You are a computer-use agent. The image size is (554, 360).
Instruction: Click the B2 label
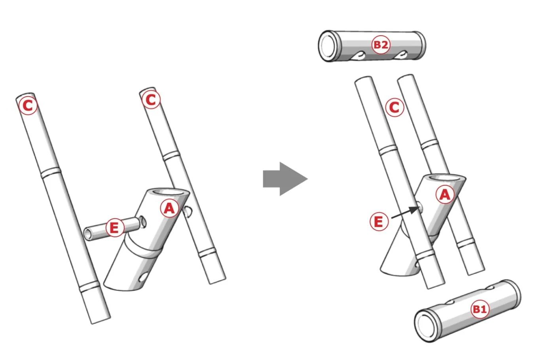click(x=381, y=45)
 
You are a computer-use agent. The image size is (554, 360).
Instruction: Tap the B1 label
click(x=480, y=309)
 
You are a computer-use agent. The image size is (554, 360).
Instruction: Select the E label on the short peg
click(x=115, y=228)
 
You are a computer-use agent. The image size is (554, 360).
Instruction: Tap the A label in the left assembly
click(x=169, y=208)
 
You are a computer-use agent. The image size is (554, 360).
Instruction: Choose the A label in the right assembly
click(x=445, y=194)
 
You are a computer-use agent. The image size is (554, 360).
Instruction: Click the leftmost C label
click(x=28, y=105)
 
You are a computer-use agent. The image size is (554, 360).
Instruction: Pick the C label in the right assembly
click(x=395, y=107)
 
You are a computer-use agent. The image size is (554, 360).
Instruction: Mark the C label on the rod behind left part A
click(x=151, y=99)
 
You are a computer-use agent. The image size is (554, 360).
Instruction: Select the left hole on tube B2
click(x=358, y=56)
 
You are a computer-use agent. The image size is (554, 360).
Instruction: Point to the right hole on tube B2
click(x=400, y=55)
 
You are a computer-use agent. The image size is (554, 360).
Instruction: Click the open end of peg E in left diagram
click(x=87, y=234)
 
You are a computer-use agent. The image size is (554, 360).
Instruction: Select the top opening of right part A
click(x=445, y=178)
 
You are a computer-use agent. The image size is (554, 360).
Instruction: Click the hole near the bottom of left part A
click(x=143, y=277)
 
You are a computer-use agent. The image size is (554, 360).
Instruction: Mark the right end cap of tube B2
click(x=420, y=45)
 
